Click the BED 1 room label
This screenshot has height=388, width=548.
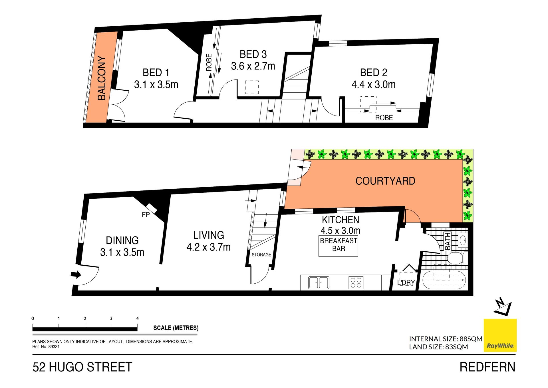(156, 73)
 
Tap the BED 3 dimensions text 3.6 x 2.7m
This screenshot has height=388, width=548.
(253, 66)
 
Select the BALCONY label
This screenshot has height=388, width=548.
(102, 78)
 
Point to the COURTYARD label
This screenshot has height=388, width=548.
(385, 181)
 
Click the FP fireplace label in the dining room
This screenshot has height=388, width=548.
(146, 215)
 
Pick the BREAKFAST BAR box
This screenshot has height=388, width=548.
(338, 246)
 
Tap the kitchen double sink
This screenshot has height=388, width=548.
(319, 282)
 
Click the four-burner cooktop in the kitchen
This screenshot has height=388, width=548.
(356, 282)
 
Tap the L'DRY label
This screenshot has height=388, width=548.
(406, 282)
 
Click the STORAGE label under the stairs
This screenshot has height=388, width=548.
(261, 254)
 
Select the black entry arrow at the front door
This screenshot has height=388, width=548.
(76, 275)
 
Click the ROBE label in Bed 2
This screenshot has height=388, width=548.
(384, 118)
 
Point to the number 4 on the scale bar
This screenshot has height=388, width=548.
(137, 319)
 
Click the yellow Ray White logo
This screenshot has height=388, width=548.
(500, 335)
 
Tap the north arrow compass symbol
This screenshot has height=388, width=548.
(503, 307)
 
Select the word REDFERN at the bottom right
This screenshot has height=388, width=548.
(487, 367)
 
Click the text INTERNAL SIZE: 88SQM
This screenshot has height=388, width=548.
(446, 339)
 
